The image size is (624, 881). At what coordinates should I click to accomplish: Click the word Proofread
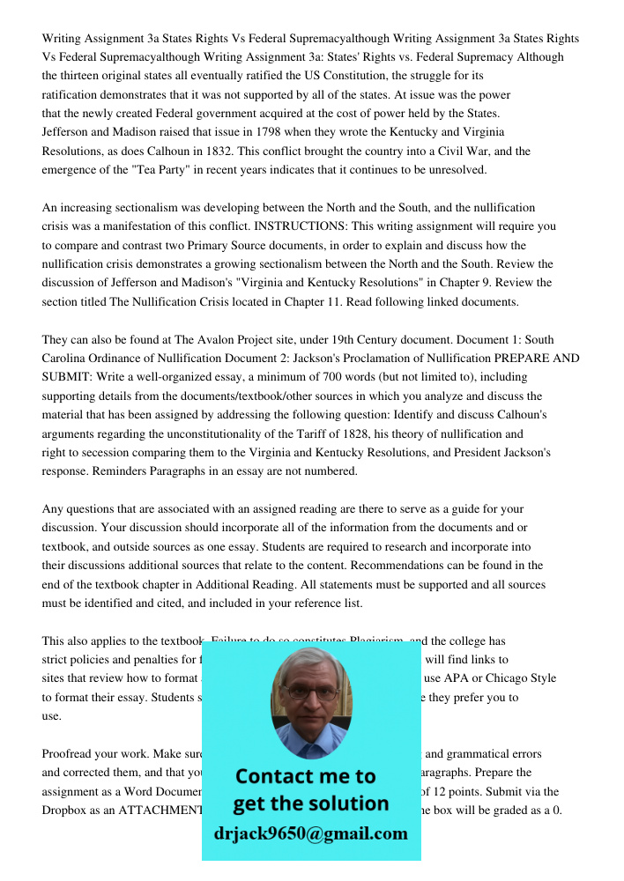pyautogui.click(x=70, y=754)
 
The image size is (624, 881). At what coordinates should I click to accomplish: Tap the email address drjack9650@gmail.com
pyautogui.click(x=311, y=833)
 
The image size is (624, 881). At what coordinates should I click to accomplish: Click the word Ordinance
pyautogui.click(x=126, y=359)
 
